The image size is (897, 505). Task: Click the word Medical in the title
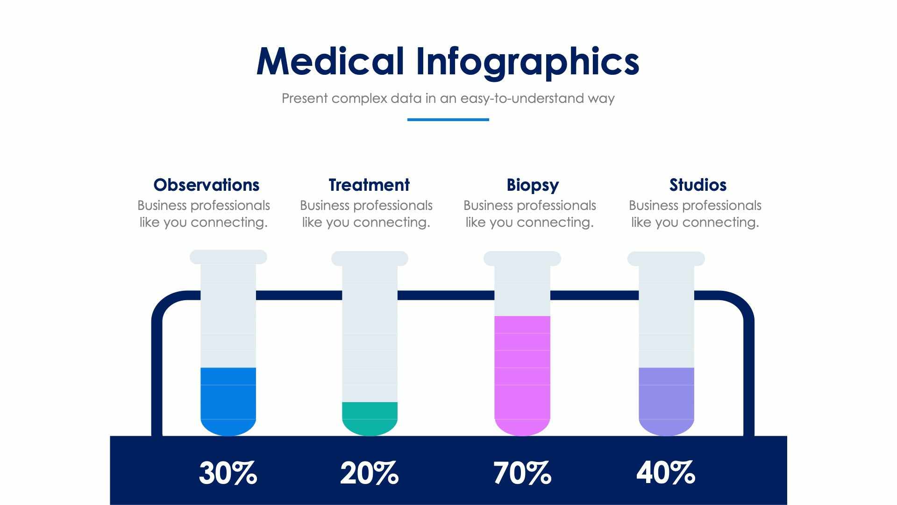(x=330, y=62)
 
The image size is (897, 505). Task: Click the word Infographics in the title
(x=527, y=62)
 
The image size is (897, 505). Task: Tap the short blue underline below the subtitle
(x=448, y=120)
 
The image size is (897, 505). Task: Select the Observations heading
(x=206, y=185)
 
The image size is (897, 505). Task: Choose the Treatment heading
(x=369, y=185)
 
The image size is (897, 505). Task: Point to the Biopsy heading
(x=533, y=185)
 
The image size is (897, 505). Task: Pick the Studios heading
(x=698, y=185)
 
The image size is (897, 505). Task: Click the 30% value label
(x=228, y=473)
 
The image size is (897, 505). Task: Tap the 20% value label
(x=369, y=473)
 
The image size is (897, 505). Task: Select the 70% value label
(x=522, y=473)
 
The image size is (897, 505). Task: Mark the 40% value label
(x=665, y=473)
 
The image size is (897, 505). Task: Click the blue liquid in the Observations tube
(x=228, y=400)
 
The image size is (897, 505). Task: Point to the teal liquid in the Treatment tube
(x=370, y=418)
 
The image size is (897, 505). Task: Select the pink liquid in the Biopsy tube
(x=522, y=374)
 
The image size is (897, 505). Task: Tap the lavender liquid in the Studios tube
(x=666, y=400)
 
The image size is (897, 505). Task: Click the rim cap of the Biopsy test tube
(x=522, y=259)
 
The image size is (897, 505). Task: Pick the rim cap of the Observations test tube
(x=228, y=257)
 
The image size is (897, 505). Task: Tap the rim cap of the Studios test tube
(x=666, y=259)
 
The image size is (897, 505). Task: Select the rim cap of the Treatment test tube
(x=370, y=259)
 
